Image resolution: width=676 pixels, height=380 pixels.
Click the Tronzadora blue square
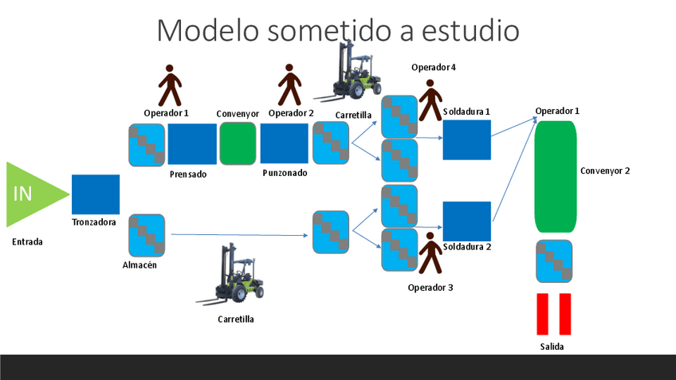coord(96,194)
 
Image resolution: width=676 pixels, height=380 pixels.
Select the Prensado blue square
coord(191,144)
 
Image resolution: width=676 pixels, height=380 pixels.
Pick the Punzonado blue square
coord(285,144)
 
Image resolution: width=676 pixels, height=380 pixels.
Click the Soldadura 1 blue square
coord(466,140)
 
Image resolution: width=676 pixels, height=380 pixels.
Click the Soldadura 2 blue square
coord(466,221)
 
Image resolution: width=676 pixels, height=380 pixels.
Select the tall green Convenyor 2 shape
coord(556,176)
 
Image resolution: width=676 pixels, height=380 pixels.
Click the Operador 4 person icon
coord(430,100)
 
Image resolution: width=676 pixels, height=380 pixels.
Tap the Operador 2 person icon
coord(289,85)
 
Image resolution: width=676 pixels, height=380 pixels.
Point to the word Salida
coord(552,347)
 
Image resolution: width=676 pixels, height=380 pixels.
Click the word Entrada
coord(28,241)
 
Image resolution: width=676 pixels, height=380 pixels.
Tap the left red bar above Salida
coord(543,314)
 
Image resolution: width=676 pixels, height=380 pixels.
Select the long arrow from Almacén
coord(239,235)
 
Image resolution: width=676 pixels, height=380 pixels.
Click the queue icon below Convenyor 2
coord(555,261)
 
